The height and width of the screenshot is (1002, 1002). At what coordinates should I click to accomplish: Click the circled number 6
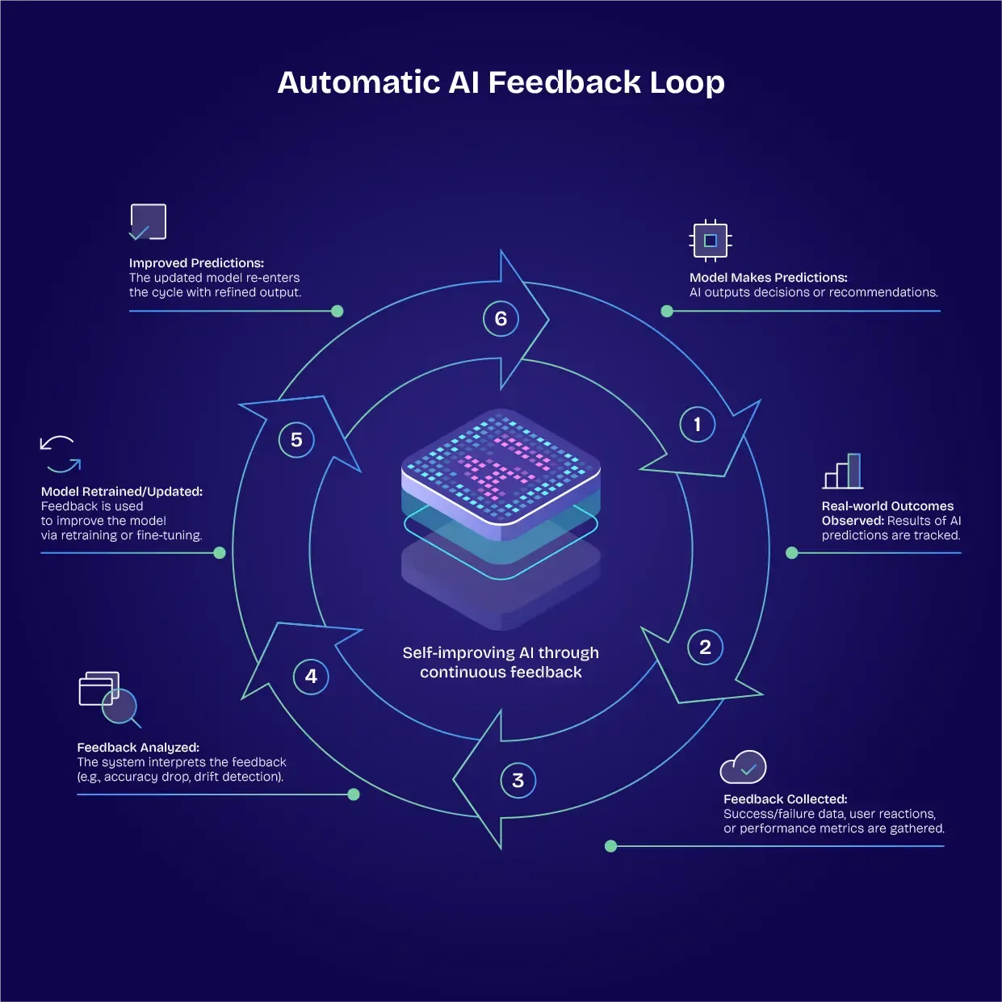tap(501, 319)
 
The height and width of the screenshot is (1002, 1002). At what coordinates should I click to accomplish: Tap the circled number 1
tap(698, 425)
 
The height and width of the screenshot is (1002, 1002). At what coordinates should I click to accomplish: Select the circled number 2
tap(705, 647)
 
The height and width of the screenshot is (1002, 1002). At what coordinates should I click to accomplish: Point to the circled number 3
tap(518, 781)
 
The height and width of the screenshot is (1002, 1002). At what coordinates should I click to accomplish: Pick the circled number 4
tap(311, 677)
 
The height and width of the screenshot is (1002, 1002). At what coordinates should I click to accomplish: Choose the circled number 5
tap(296, 440)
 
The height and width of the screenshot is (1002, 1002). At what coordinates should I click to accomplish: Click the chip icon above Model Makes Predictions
tap(711, 241)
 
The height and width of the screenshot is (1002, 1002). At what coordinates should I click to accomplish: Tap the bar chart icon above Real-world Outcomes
tap(843, 471)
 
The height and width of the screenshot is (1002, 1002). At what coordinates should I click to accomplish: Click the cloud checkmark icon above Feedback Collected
tap(743, 767)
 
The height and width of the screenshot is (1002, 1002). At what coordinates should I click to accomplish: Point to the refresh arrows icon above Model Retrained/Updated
tap(61, 454)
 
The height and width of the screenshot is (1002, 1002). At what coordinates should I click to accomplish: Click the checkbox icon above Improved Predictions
tap(148, 222)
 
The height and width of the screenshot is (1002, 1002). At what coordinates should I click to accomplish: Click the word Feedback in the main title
tap(564, 82)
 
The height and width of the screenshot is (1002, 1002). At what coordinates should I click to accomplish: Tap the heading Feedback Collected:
tap(785, 799)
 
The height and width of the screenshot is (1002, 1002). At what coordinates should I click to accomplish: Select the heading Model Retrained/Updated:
tap(122, 492)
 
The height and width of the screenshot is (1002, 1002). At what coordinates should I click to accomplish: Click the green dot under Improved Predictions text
tap(337, 312)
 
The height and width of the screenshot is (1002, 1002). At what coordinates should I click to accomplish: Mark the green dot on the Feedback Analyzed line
tap(353, 794)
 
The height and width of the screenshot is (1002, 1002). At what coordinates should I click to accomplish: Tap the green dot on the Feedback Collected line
tap(610, 846)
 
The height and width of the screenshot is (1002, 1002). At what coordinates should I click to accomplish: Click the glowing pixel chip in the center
tap(501, 472)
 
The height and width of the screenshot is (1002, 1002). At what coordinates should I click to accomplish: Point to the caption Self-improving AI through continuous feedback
tap(501, 662)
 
